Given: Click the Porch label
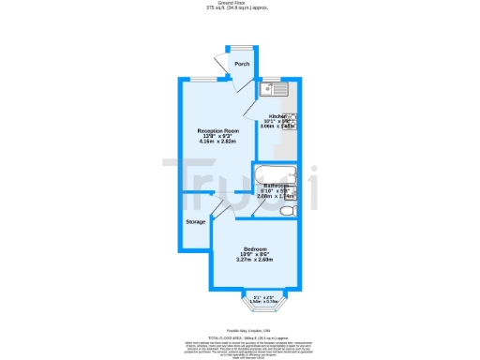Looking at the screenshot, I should (x=242, y=64).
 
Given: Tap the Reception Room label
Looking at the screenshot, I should (x=217, y=130).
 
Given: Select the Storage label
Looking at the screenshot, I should (x=195, y=221).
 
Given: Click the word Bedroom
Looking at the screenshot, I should (x=254, y=248).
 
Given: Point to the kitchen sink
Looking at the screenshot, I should (x=278, y=91).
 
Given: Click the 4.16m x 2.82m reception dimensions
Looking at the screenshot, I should (x=217, y=142).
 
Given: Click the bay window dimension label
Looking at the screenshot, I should (x=265, y=299).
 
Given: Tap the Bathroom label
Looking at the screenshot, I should (x=277, y=187).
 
